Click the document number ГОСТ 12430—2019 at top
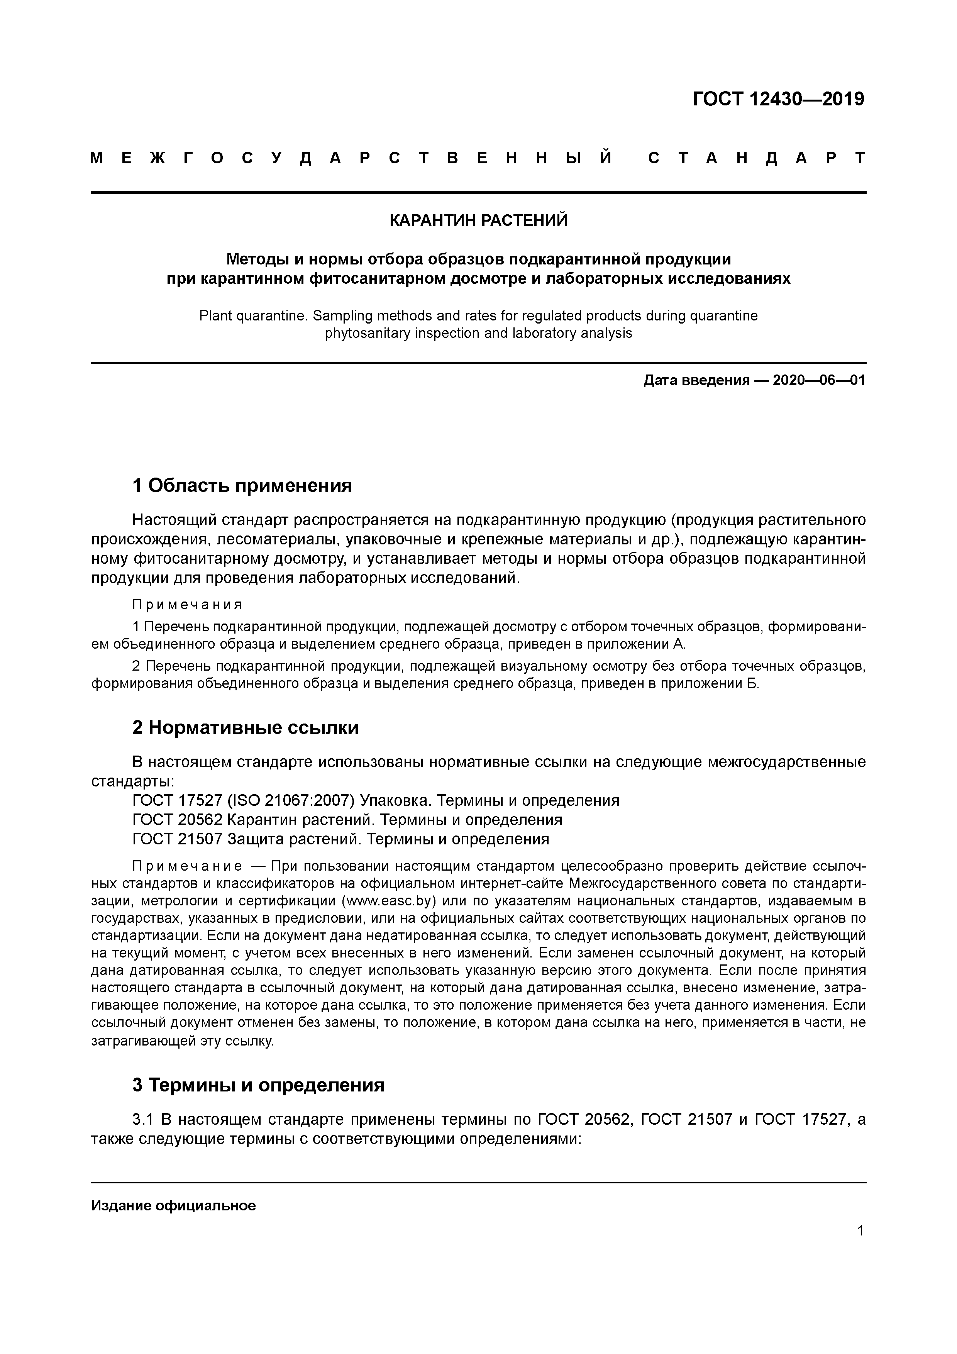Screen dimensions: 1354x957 pos(778,99)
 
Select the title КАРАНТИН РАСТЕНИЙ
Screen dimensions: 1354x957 pos(478,220)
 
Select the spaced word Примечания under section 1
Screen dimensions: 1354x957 pos(187,605)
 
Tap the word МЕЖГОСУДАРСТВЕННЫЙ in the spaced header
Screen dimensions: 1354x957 pos(351,158)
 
